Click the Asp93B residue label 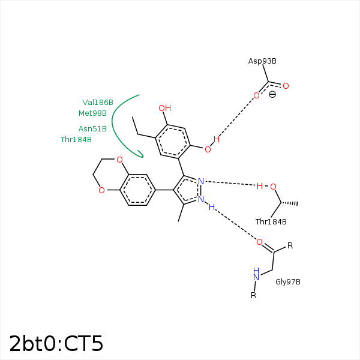click(262, 61)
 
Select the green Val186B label click(98, 103)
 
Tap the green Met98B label click(92, 113)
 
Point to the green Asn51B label click(92, 129)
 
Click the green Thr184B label click(76, 140)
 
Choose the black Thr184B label click(271, 222)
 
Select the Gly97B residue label click(288, 281)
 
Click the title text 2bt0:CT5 click(56, 344)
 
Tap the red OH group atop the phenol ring click(164, 109)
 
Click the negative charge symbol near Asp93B click(272, 95)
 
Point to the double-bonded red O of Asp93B click(286, 86)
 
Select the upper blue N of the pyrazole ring click(201, 181)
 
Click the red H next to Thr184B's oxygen click(260, 186)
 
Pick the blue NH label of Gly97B click(256, 274)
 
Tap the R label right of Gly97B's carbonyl click(290, 245)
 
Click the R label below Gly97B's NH click(253, 295)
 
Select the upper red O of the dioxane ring click(119, 160)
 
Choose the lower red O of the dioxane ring click(101, 191)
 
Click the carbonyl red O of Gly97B click(259, 242)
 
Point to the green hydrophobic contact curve click(116, 129)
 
